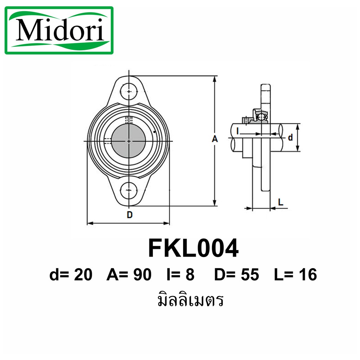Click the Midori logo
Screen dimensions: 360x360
tap(59, 30)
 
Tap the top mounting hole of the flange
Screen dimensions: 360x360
tap(129, 92)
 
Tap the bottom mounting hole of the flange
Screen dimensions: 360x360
tap(129, 190)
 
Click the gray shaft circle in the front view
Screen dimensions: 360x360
tap(129, 141)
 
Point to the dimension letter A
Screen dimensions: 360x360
tap(215, 139)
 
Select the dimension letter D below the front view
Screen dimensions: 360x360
tap(130, 215)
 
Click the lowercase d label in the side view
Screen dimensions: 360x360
tap(290, 137)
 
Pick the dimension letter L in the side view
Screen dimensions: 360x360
tap(281, 202)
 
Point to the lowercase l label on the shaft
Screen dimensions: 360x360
tap(238, 131)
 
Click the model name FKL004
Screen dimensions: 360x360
tap(193, 248)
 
